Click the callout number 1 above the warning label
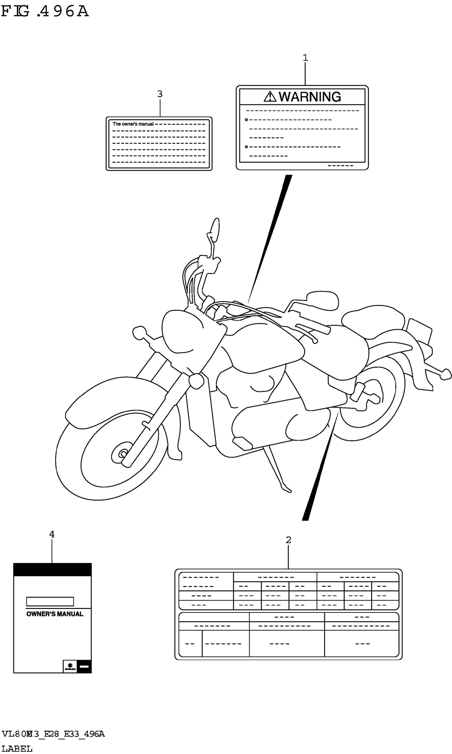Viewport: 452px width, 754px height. [305, 58]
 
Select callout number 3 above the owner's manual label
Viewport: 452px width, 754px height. [160, 94]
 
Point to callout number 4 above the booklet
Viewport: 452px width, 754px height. [52, 534]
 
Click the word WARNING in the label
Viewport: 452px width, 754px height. [310, 97]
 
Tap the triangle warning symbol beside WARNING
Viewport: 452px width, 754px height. [270, 97]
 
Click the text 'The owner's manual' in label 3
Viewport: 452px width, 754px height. [133, 124]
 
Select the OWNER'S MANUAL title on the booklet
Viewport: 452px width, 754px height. [55, 614]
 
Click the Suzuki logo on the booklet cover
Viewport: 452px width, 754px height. [70, 666]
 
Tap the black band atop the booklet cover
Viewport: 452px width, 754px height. [52, 570]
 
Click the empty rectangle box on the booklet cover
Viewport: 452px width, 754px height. [50, 602]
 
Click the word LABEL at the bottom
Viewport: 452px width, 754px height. [17, 746]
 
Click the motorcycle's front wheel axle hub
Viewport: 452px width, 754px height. [123, 454]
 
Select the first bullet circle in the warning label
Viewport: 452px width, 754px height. [246, 120]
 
